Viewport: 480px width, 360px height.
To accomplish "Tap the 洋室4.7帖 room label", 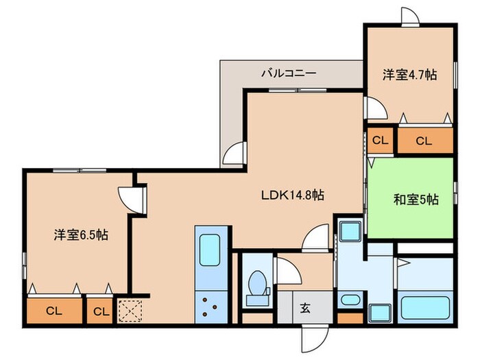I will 409,75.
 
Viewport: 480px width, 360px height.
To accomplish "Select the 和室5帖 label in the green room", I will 416,200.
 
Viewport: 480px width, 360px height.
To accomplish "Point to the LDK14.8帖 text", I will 292,195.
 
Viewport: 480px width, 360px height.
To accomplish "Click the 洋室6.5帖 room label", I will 81,235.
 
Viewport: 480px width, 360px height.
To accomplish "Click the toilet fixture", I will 258,287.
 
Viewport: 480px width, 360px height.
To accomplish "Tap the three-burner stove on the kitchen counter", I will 208,305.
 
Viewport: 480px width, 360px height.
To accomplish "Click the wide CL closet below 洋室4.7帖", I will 424,141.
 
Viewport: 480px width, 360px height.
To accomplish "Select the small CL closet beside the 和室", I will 380,141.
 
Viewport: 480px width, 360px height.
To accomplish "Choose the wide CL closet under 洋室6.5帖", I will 53,311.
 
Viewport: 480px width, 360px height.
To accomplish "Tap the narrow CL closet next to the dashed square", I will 101,311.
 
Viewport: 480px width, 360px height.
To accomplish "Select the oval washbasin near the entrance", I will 350,300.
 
